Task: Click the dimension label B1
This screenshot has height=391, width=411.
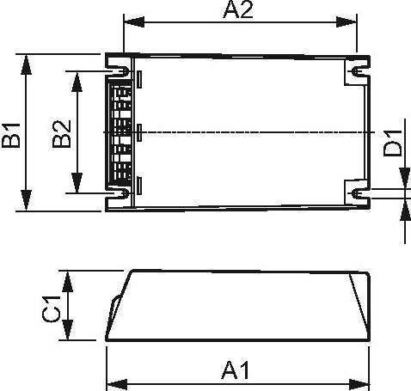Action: click(11, 134)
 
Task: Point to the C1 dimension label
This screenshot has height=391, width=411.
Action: click(52, 308)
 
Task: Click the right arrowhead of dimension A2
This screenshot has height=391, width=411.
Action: click(350, 21)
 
